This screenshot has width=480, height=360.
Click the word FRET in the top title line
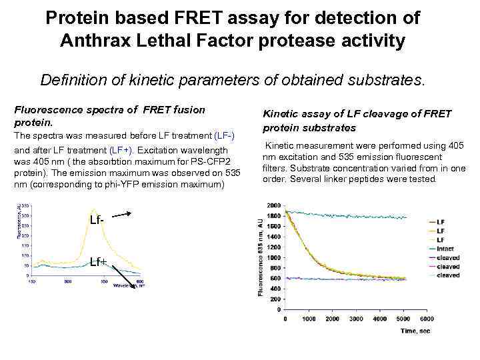199,18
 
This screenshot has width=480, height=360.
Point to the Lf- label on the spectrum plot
97,220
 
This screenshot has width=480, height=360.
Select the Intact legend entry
445,248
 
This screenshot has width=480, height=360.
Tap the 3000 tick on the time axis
357,319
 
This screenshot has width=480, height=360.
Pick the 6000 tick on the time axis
427,319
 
